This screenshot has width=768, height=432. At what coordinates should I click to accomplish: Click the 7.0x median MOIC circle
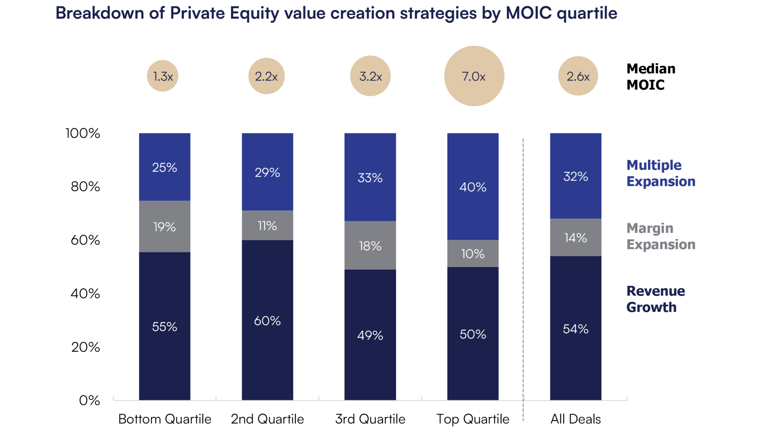pos(474,76)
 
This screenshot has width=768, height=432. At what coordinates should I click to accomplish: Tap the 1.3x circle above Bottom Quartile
pos(163,76)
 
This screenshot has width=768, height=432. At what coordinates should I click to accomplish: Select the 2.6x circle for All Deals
pos(578,76)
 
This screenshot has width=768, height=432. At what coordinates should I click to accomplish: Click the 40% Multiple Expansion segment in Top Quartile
pos(473,187)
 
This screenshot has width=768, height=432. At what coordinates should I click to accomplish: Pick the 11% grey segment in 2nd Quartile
pos(267,226)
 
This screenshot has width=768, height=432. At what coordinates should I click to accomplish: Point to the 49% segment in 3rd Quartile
pos(370,335)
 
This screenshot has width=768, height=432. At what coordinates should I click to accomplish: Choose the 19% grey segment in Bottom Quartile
pos(164,227)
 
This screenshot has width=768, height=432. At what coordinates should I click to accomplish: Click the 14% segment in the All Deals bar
pos(576,237)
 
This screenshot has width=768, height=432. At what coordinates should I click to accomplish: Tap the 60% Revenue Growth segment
pos(267,321)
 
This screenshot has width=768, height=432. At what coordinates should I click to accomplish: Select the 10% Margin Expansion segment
pos(473,254)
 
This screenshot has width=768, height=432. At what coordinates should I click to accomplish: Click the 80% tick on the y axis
pos(85,187)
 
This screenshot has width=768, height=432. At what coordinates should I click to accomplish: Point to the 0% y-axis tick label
pos(89,400)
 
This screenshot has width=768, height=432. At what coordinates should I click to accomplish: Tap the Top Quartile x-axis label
pos(473,419)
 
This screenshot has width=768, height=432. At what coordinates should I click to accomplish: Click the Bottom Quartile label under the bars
pos(164,419)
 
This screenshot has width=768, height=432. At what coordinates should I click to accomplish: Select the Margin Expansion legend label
pos(661,236)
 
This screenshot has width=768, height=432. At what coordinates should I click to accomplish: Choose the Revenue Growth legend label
pos(655,299)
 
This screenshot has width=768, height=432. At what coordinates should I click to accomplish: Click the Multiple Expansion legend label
pos(661,173)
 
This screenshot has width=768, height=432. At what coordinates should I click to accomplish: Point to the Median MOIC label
pos(651,77)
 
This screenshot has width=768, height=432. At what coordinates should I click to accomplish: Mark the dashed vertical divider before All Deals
pos(523,269)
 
